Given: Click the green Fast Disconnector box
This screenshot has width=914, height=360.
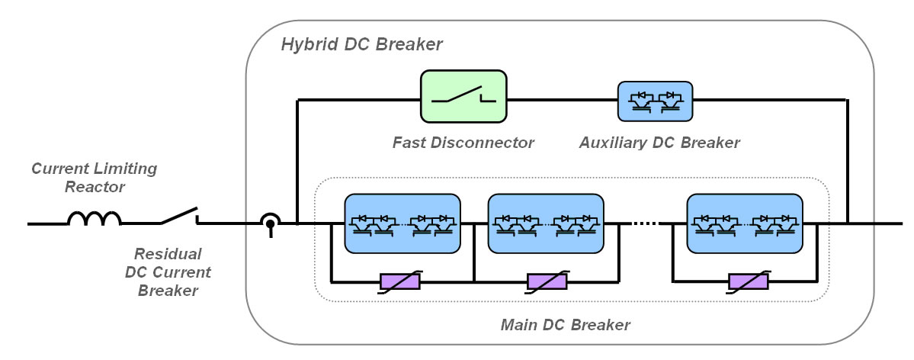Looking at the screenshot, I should click(463, 96).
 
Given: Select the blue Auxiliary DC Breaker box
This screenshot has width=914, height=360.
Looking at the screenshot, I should click(655, 100).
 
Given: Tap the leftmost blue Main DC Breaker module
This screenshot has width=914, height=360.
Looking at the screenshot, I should click(402, 223).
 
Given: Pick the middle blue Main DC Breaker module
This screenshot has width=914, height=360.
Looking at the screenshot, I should click(546, 223).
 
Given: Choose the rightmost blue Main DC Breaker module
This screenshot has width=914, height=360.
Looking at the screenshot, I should click(744, 223).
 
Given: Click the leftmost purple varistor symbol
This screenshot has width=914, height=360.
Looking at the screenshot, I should click(400, 281).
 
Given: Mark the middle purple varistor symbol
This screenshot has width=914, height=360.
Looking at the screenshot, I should click(547, 281).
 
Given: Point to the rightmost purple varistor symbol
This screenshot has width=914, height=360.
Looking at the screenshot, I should click(748, 281).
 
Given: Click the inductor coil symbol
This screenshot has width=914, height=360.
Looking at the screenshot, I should click(95, 220).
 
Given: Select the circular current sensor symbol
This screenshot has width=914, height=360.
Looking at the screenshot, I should click(270, 223).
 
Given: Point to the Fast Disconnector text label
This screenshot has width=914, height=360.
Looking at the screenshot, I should click(463, 143).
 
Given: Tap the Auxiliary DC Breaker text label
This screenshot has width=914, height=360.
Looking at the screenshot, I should click(659, 143).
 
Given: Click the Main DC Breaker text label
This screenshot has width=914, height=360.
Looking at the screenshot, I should click(565, 325).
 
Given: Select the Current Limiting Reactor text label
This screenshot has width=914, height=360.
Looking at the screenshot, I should click(94, 178).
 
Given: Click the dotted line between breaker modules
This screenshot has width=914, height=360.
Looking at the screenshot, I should click(647, 223).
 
